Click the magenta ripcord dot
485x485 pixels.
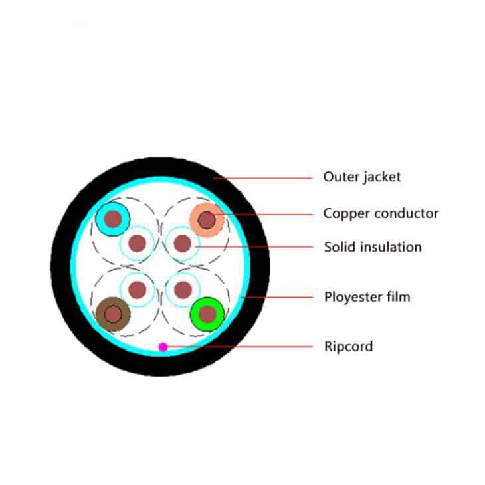pyautogui.click(x=163, y=347)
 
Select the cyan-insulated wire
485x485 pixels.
pyautogui.click(x=112, y=219)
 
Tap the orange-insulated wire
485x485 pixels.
pyautogui.click(x=207, y=220)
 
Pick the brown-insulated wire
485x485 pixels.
pyautogui.click(x=113, y=314)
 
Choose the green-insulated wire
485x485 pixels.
pyautogui.click(x=207, y=314)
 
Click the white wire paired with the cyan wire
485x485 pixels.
pyautogui.click(x=137, y=243)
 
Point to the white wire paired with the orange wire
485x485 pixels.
pyautogui.click(x=183, y=243)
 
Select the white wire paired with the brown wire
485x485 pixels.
pyautogui.click(x=137, y=290)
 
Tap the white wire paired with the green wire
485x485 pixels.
pyautogui.click(x=183, y=290)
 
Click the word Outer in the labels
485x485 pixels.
pyautogui.click(x=341, y=177)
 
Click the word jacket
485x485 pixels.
pyautogui.click(x=382, y=177)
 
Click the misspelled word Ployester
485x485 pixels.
pyautogui.click(x=353, y=297)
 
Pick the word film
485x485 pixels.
pyautogui.click(x=398, y=296)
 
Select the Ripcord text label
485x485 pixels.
pyautogui.click(x=349, y=347)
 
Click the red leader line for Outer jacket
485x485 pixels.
pyautogui.click(x=262, y=178)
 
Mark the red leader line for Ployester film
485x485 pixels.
pyautogui.click(x=277, y=297)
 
